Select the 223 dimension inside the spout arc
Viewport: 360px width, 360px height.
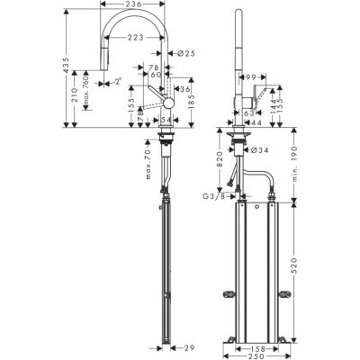coord(138,37)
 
